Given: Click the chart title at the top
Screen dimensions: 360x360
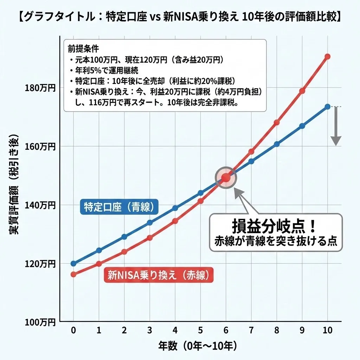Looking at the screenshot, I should point(180,17).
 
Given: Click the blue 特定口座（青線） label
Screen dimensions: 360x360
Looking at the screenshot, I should point(119,207).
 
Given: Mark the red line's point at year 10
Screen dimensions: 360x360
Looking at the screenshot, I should point(327,57).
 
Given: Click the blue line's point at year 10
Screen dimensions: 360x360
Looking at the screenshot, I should point(327,107).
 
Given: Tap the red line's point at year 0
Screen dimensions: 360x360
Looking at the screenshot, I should point(73,274).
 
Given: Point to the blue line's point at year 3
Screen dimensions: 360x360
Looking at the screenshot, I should point(149,223).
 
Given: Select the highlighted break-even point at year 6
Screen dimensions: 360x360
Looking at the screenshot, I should point(226,177).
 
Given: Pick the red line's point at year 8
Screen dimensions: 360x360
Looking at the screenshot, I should point(277,123).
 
